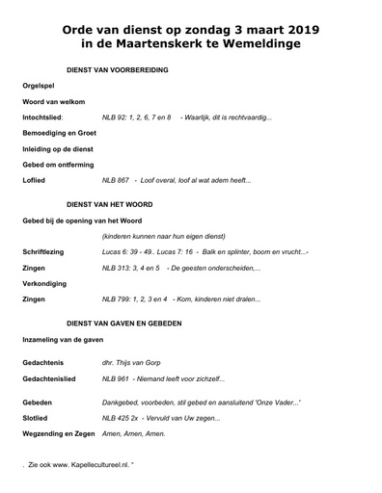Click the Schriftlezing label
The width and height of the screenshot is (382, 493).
click(44, 251)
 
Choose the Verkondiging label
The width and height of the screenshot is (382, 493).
click(44, 283)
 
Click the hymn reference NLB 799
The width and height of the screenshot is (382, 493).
click(118, 298)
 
